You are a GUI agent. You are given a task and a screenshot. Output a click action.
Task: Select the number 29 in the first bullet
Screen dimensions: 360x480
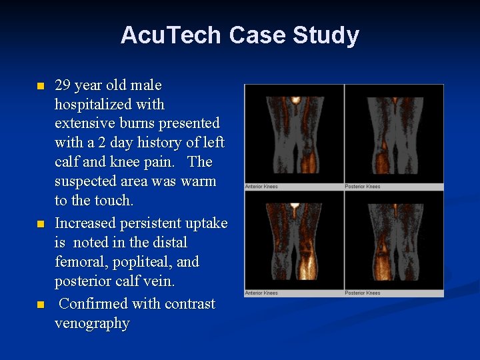(x=63, y=85)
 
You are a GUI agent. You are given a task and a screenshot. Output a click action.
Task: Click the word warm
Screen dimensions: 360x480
(x=198, y=181)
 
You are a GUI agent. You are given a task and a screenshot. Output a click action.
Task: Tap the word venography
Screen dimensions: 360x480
(x=92, y=323)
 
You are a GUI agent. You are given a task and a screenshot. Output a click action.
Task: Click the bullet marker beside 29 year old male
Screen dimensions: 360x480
(x=40, y=87)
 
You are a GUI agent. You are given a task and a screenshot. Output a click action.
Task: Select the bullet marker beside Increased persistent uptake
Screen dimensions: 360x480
(x=40, y=224)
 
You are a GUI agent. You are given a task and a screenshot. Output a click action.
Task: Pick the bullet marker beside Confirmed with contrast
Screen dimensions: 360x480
(x=40, y=305)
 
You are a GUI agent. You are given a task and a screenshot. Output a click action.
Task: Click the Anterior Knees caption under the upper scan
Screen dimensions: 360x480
(x=261, y=187)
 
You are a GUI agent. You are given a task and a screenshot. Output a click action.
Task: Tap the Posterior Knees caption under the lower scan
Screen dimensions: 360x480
(x=363, y=293)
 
